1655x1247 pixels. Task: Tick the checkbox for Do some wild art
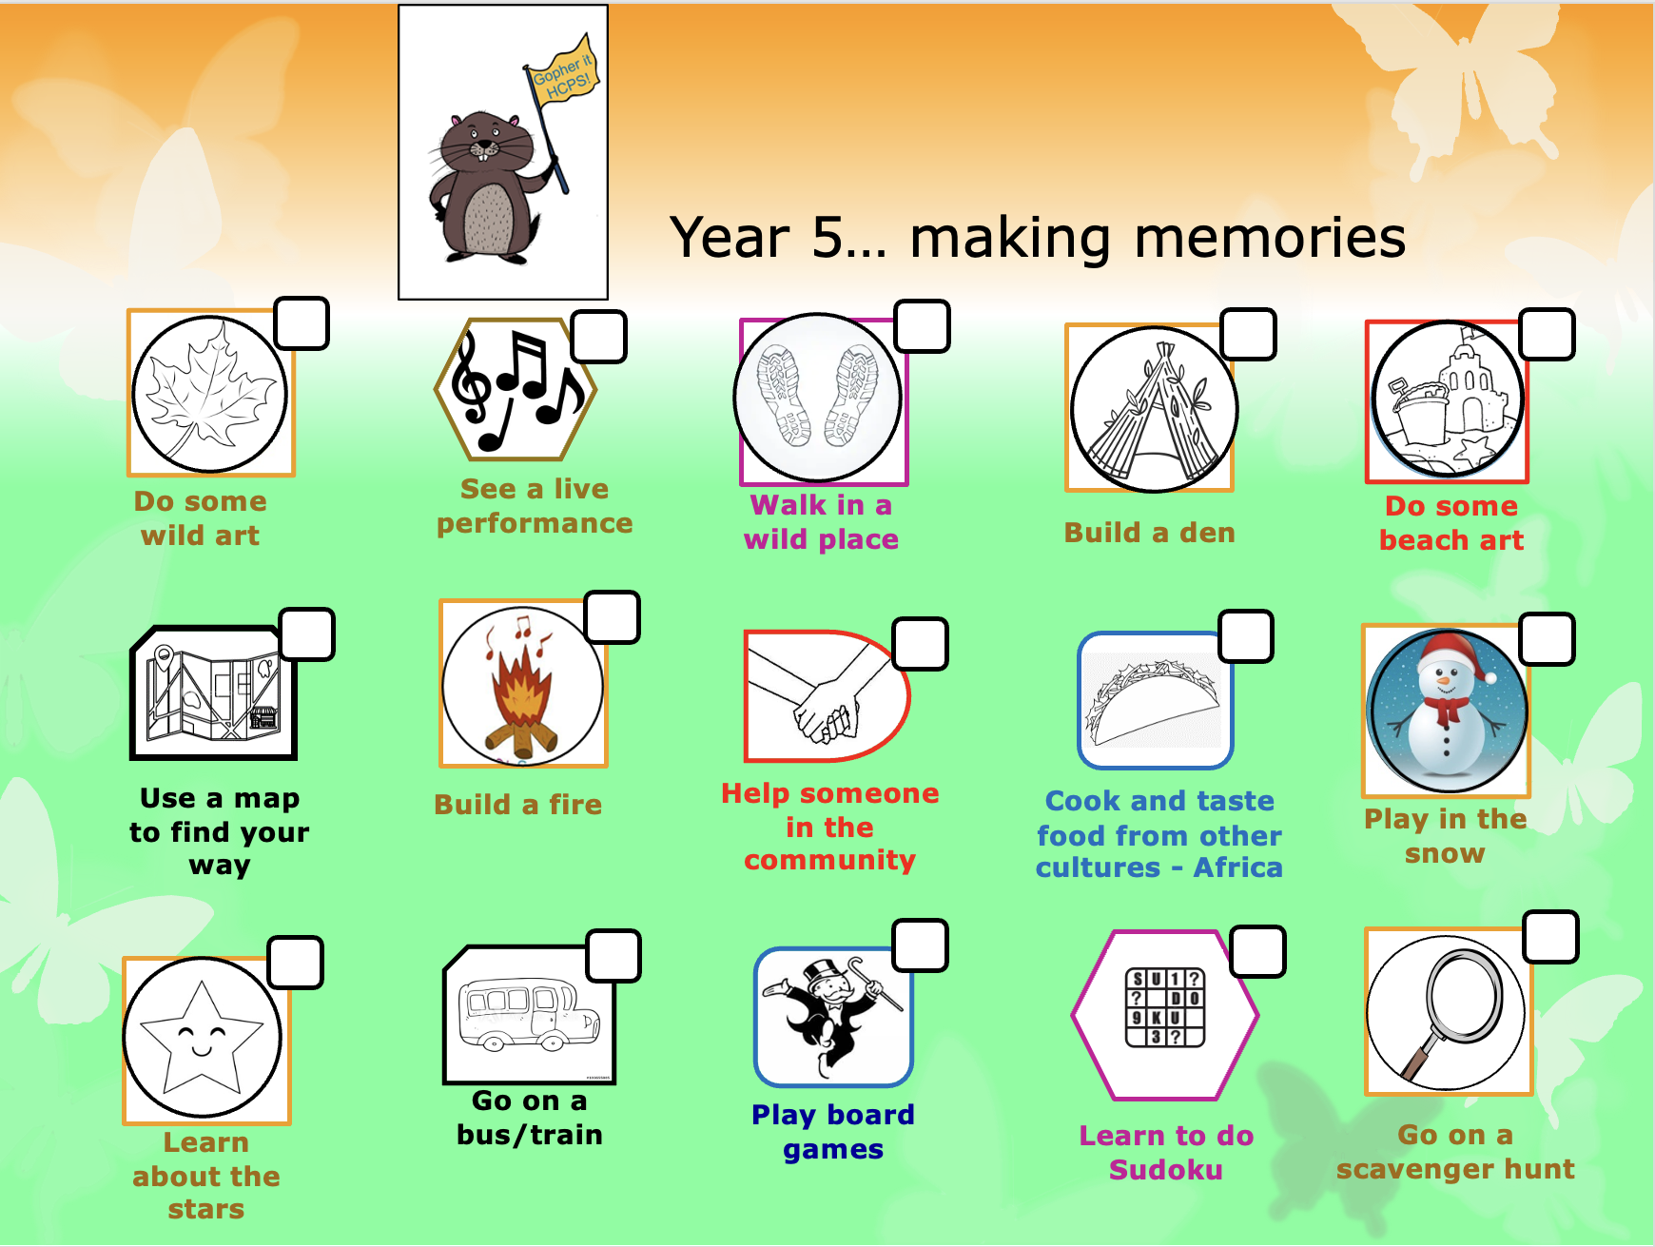coord(302,323)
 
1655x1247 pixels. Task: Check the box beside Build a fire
coord(612,617)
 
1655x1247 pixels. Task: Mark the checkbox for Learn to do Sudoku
coord(1258,951)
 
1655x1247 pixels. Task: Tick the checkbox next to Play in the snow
coord(1548,638)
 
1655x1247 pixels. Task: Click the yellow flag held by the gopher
coord(562,72)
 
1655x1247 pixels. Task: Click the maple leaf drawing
coord(209,393)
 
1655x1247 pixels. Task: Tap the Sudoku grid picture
coord(1165,1007)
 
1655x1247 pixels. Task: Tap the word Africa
coord(1238,867)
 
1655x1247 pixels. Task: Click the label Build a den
coord(1150,533)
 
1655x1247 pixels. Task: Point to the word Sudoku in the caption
coord(1166,1169)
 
